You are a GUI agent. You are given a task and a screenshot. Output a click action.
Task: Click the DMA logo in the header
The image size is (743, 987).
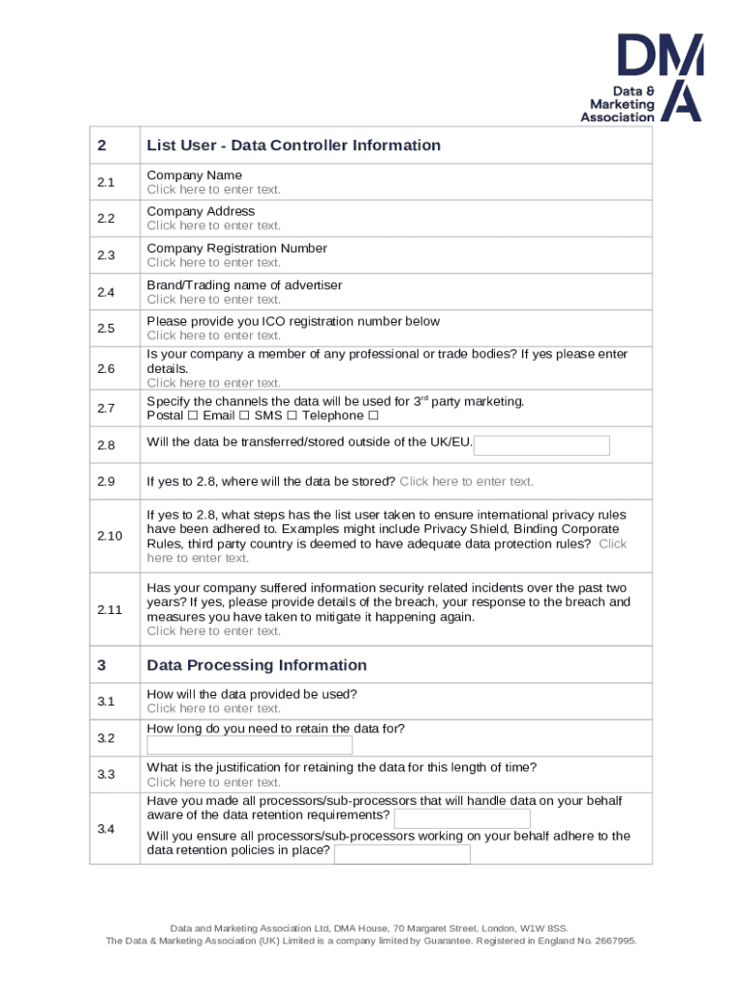(641, 78)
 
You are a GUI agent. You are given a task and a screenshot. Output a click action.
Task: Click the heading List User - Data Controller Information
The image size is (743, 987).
(293, 146)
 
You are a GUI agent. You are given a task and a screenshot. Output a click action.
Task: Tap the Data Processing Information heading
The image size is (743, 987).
(257, 665)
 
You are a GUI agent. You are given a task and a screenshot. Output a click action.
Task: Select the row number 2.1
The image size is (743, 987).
(105, 182)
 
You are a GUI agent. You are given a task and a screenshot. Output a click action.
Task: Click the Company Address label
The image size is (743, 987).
(201, 211)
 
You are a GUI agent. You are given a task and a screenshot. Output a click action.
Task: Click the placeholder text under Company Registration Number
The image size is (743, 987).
(213, 262)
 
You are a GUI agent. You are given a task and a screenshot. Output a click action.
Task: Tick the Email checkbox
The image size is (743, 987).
(244, 416)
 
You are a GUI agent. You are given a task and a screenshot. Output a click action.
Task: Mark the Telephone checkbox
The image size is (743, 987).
(373, 416)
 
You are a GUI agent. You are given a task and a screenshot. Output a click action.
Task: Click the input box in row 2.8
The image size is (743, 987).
(542, 445)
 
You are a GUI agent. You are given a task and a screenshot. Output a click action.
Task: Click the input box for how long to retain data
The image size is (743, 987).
(249, 746)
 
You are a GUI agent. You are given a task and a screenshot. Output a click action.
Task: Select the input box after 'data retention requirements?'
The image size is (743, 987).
(462, 818)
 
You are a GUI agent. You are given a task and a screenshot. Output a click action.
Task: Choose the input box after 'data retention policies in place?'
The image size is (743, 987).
(402, 854)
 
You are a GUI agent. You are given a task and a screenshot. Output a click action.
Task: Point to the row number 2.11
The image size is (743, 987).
(108, 609)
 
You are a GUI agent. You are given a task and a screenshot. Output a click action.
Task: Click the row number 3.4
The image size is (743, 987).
(105, 829)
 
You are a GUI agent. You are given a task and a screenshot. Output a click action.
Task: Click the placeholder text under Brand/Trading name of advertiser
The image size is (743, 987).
(213, 299)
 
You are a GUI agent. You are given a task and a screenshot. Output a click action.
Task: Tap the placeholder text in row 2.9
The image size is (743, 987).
(466, 481)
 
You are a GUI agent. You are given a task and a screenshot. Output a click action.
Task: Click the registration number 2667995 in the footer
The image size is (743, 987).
(614, 942)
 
